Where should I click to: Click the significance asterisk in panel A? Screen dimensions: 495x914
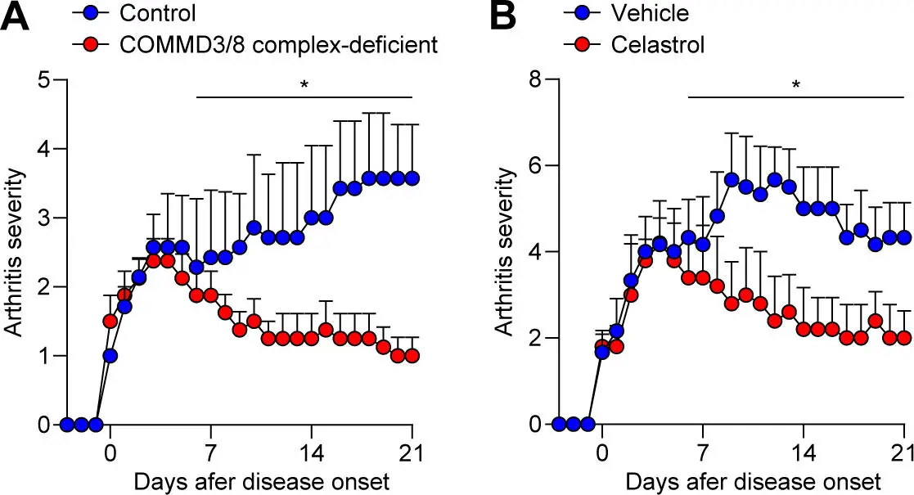coord(304,84)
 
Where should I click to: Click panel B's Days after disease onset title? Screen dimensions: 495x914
coord(753,479)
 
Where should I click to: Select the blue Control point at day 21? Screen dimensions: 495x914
coord(412,178)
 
